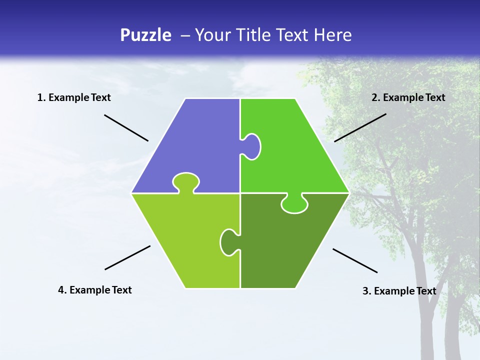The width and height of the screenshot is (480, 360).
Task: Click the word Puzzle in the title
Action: point(145,35)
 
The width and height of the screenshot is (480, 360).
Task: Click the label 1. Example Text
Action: point(74,97)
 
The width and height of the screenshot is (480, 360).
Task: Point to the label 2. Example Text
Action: point(408,97)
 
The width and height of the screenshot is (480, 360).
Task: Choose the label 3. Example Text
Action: point(399,291)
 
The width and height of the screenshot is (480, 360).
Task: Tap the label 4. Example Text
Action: point(95,290)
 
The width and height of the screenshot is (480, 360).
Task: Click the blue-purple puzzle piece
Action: point(195,145)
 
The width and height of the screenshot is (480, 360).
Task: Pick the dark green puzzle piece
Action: point(285,245)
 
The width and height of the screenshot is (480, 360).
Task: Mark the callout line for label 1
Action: point(126,127)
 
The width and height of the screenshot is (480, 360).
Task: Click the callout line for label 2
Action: point(360,127)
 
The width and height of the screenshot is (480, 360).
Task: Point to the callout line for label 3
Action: point(355,260)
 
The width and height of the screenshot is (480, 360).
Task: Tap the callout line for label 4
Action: point(127,257)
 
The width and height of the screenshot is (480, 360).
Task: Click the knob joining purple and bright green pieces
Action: point(252,146)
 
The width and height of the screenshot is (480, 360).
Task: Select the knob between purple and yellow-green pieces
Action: point(186,182)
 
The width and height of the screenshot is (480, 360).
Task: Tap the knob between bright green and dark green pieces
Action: point(294,204)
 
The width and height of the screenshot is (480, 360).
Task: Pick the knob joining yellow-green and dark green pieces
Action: point(228,242)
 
